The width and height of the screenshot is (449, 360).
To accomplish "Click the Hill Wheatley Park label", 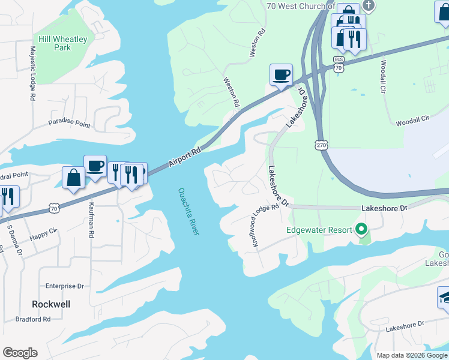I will click(x=62, y=44).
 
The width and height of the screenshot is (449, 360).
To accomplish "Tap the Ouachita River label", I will click(x=188, y=212).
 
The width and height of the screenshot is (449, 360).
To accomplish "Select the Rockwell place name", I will click(x=51, y=304).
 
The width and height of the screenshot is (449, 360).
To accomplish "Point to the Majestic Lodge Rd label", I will click(x=32, y=74).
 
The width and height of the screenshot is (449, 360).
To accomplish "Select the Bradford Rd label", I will click(x=33, y=319).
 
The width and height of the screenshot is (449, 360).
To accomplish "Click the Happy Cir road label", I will click(x=43, y=233).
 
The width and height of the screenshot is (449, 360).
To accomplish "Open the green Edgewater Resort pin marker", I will click(x=361, y=229).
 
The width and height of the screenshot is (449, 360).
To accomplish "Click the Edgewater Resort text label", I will click(x=318, y=229).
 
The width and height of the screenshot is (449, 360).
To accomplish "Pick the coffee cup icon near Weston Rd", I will click(x=281, y=74).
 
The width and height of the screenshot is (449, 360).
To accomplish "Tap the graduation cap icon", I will click(x=445, y=298).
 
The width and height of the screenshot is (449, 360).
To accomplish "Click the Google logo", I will click(x=20, y=353).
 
